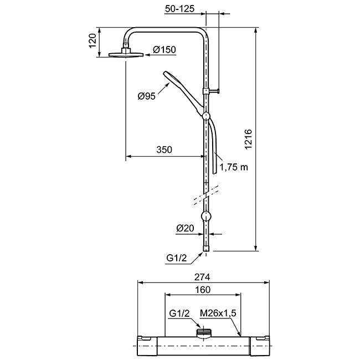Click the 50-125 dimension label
(179, 8)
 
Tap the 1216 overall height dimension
(249, 140)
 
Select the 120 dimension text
(92, 40)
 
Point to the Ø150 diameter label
(164, 50)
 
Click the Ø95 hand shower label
(146, 96)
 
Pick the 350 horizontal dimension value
(164, 150)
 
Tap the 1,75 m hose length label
(234, 167)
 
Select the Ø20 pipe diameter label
(185, 228)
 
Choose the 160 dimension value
(203, 290)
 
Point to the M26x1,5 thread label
(218, 313)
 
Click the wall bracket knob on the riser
(211, 91)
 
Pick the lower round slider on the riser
(206, 216)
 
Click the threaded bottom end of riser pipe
(206, 249)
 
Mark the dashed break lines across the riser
(206, 194)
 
